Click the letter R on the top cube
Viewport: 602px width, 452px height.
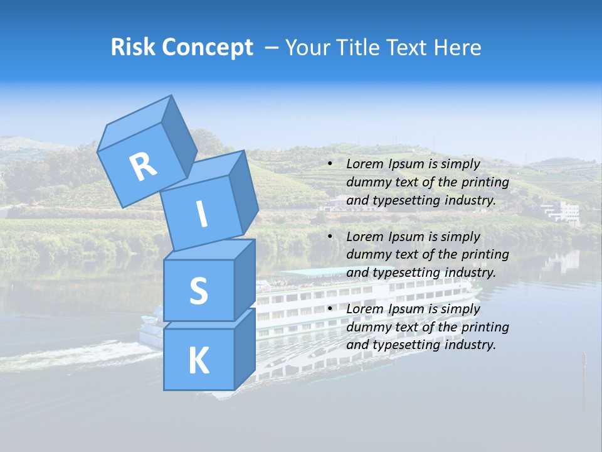143,167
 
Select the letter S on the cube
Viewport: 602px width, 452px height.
198,291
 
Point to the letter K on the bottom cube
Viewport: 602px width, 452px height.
198,361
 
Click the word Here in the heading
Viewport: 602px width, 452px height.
459,48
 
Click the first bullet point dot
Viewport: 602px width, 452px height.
330,164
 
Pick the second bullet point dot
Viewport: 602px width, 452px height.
330,237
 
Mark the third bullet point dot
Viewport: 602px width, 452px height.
330,309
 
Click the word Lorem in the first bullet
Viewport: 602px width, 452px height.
364,164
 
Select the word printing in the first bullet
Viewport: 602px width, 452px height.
484,183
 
